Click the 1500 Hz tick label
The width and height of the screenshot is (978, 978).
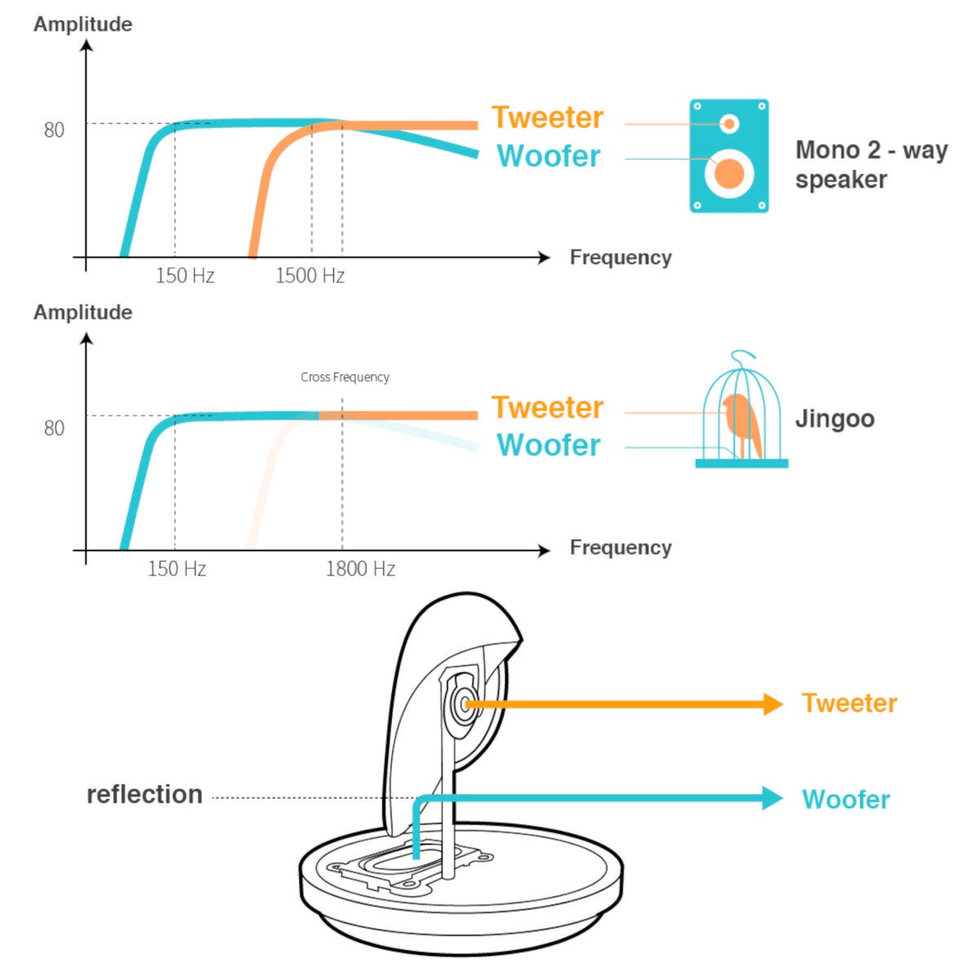[310, 275]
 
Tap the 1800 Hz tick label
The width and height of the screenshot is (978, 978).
[360, 568]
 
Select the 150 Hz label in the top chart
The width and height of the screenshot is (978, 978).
[185, 275]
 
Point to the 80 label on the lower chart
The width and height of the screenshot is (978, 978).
[55, 428]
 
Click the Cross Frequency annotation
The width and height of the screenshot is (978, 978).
[345, 377]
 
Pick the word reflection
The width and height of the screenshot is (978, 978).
[144, 795]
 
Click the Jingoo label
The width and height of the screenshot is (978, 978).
[835, 420]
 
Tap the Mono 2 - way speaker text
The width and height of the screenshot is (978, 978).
[871, 165]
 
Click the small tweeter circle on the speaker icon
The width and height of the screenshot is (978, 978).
[729, 123]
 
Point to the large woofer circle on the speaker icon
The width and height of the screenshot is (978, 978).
[729, 174]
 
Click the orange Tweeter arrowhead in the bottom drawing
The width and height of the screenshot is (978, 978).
[773, 704]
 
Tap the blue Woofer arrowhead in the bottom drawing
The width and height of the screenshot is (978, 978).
[773, 798]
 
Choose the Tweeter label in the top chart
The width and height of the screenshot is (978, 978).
[548, 117]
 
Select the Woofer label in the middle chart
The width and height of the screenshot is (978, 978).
[548, 445]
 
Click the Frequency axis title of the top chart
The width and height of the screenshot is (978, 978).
[621, 258]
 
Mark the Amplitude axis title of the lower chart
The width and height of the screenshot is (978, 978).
[83, 312]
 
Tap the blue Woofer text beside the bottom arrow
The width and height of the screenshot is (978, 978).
[846, 800]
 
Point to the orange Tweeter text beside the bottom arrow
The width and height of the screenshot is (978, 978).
[849, 703]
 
